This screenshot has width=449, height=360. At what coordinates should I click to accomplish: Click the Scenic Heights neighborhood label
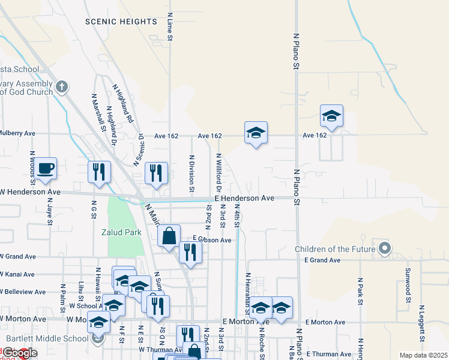pos(121,22)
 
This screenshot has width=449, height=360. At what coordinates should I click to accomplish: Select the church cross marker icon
pos(61,88)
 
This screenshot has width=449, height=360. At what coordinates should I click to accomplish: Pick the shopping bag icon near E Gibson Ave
pos(169,235)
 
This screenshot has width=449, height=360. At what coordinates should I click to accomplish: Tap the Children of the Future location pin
pos(385,248)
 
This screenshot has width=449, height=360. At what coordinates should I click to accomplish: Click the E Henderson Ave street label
pos(244,198)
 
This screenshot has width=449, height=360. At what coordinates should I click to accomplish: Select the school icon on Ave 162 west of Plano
pos(256,134)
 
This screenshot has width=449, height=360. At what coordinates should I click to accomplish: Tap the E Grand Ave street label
pos(322,260)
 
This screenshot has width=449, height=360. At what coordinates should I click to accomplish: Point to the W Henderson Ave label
pos(31,192)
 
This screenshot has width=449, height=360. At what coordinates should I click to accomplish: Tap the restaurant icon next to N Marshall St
pos(100,172)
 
